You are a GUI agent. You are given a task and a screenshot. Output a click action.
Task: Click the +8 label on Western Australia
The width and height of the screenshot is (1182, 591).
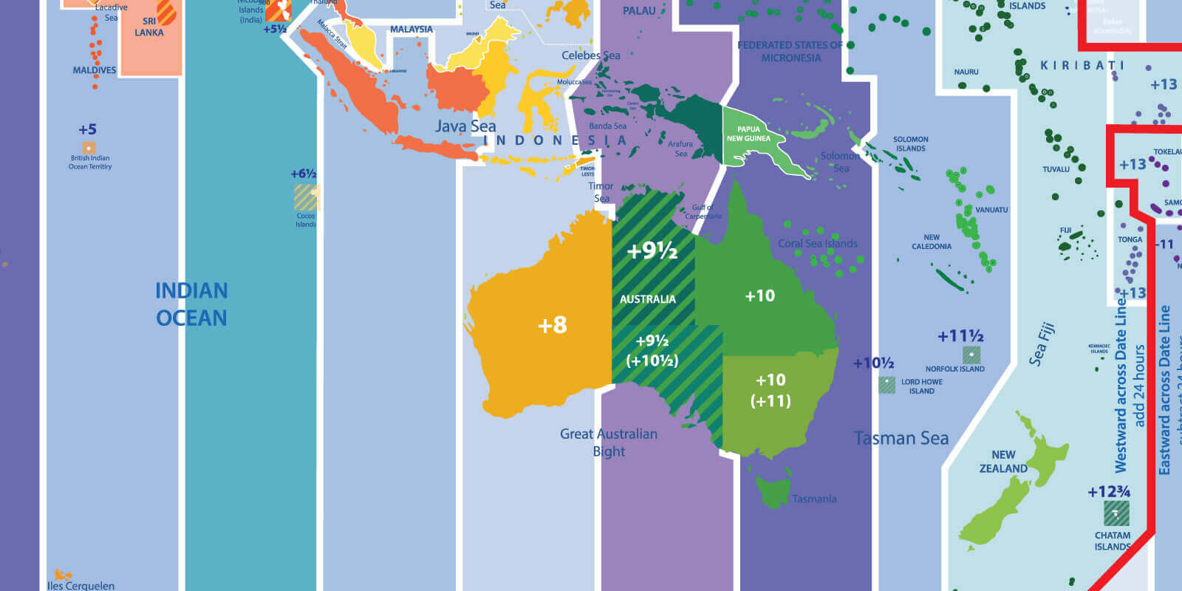(552, 325)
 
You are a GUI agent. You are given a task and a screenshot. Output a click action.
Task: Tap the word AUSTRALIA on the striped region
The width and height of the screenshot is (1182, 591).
(647, 299)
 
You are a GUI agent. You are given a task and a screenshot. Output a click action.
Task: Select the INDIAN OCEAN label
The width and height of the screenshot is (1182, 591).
(191, 304)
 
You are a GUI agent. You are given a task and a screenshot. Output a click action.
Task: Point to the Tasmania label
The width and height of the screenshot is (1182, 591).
(814, 499)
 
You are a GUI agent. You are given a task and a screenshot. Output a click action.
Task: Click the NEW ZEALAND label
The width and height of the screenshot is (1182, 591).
(1003, 462)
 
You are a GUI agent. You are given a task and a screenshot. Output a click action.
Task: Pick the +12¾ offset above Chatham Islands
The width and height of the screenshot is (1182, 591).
(1109, 492)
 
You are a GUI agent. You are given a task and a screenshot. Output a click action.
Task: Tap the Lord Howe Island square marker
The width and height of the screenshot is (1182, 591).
(886, 385)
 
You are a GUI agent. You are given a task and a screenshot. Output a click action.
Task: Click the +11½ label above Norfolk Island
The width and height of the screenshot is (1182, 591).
(960, 337)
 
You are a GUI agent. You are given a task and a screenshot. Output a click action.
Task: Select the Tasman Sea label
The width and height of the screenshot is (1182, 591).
(901, 439)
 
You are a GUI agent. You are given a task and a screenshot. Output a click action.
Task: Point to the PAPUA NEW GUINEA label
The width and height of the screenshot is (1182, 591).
(748, 134)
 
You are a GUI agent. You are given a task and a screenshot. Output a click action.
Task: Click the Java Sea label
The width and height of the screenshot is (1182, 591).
(465, 126)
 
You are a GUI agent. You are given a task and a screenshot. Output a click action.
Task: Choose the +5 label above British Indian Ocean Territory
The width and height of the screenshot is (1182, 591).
(87, 130)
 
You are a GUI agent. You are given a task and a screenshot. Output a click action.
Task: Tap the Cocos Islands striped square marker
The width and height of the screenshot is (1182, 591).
(306, 198)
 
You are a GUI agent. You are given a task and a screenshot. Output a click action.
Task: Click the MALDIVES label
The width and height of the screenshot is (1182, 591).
(95, 70)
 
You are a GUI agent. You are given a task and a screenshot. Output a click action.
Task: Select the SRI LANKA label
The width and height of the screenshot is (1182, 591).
(148, 27)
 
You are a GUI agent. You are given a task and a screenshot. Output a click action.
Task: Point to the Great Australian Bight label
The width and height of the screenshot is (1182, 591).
(609, 443)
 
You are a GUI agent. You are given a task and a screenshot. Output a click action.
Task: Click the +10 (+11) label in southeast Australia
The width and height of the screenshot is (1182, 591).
(771, 390)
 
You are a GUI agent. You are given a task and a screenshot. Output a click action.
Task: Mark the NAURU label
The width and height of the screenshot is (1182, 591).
(966, 72)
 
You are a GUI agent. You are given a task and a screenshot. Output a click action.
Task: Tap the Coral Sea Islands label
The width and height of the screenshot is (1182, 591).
(818, 244)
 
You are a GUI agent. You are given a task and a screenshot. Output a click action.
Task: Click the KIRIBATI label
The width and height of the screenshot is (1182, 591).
(1082, 66)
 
